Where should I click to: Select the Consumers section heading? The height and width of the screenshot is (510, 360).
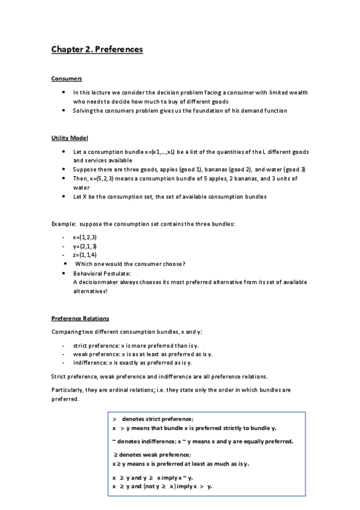(66, 79)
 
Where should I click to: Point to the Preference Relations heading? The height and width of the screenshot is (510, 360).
(80, 318)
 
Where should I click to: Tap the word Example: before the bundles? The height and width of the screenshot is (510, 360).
(64, 224)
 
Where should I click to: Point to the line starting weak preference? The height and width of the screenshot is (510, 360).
(142, 354)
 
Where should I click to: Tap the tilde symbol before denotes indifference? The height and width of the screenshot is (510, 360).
(114, 441)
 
